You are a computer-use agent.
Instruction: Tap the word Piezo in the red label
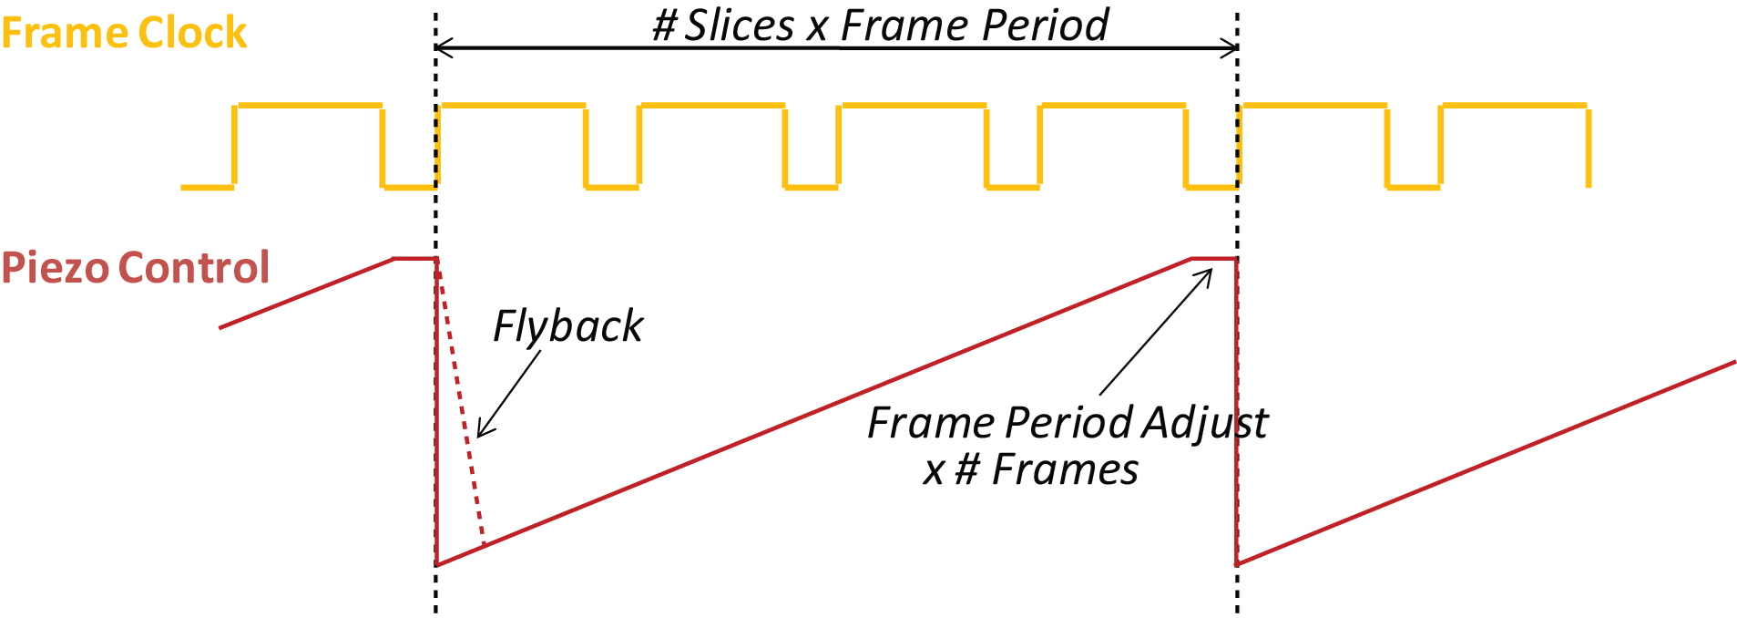click(54, 268)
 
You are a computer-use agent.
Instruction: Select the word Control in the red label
click(193, 268)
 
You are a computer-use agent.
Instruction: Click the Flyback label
click(567, 326)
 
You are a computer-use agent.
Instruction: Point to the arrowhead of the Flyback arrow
click(480, 435)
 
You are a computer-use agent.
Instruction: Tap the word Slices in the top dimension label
click(739, 26)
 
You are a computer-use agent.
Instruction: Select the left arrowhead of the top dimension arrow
click(441, 47)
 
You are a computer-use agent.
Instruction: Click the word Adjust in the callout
click(1204, 423)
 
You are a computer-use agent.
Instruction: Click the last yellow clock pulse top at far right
click(1514, 106)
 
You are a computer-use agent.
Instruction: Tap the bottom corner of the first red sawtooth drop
click(437, 564)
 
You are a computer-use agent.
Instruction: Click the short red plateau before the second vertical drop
click(1213, 260)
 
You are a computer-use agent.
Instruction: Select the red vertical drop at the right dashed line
click(1236, 410)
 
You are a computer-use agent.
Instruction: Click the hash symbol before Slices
click(665, 26)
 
